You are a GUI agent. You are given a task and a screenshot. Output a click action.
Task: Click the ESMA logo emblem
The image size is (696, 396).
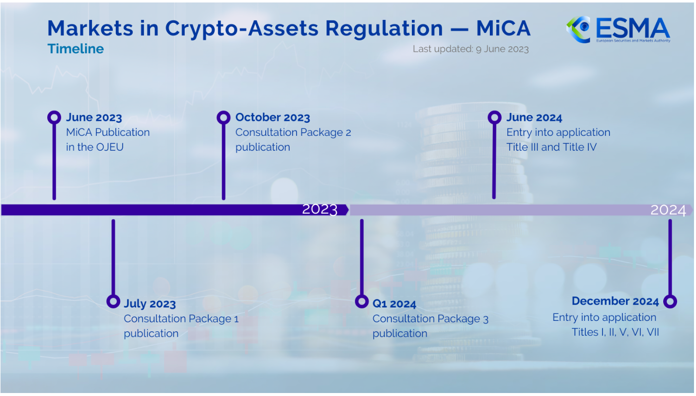click(x=578, y=29)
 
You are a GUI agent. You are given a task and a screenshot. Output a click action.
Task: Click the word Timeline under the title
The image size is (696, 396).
click(x=76, y=49)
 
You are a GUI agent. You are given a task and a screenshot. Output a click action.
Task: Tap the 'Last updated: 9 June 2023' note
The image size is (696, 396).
click(x=470, y=49)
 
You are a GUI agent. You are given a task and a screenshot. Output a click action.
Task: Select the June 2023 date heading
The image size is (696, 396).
click(x=94, y=117)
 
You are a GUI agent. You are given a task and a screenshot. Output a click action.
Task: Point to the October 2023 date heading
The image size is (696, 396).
click(x=273, y=117)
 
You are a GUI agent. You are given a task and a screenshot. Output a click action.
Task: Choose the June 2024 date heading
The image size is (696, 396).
click(x=534, y=117)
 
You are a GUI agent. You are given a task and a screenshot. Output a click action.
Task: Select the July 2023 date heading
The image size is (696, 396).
click(x=150, y=304)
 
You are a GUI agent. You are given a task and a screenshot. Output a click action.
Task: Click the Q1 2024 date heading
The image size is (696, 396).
click(x=394, y=304)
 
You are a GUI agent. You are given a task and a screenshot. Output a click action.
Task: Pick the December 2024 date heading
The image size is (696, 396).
click(x=615, y=301)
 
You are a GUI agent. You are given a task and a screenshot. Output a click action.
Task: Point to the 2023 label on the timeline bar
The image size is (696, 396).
click(x=320, y=209)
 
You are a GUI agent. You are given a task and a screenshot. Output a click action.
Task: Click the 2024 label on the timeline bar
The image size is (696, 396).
click(x=668, y=210)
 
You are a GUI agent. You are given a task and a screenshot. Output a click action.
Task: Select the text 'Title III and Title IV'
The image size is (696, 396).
click(x=551, y=147)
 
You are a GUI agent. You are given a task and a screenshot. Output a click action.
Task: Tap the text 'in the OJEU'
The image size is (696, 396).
click(x=95, y=147)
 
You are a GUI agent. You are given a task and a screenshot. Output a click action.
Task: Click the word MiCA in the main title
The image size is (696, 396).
click(x=503, y=28)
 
